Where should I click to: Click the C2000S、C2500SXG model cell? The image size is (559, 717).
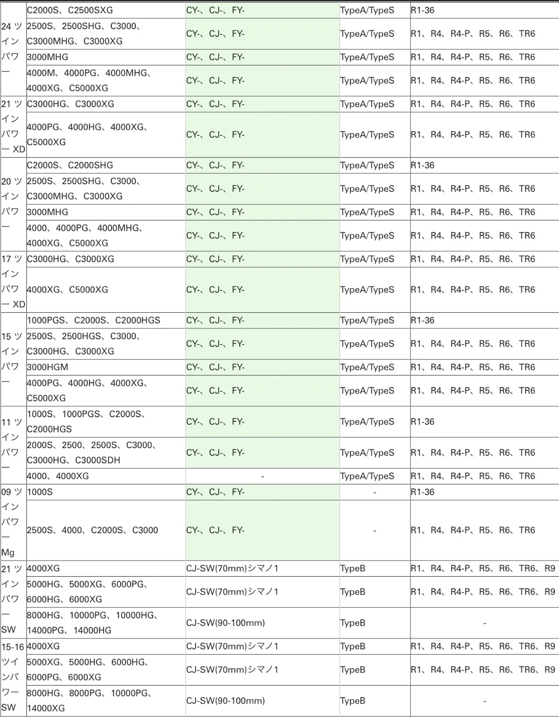[x=70, y=10]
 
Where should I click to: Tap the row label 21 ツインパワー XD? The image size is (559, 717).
[x=13, y=126]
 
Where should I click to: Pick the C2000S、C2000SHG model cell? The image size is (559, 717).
[x=70, y=165]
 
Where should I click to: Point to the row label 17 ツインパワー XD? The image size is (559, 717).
[x=13, y=281]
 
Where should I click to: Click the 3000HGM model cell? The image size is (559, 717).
[x=48, y=367]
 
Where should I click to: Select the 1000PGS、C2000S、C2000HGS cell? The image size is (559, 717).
[x=93, y=320]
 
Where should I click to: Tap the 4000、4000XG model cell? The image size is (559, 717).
[x=58, y=476]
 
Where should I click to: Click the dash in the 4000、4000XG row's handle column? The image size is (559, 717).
[x=262, y=476]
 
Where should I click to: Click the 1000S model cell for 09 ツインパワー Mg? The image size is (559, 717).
[x=40, y=492]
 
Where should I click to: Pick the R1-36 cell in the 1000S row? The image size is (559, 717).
[x=423, y=492]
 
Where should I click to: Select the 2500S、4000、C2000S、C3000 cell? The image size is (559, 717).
[x=92, y=530]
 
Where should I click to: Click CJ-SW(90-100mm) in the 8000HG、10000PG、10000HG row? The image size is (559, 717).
[x=225, y=623]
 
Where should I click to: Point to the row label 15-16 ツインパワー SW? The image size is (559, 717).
[x=13, y=677]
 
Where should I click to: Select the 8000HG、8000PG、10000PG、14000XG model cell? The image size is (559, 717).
[x=90, y=700]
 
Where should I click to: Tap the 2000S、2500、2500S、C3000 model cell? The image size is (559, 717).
[x=91, y=453]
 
